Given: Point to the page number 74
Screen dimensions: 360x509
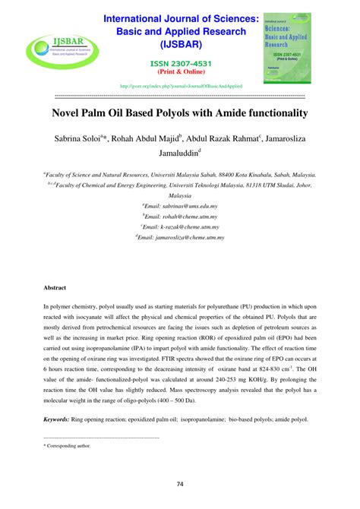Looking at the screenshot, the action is pos(180,485).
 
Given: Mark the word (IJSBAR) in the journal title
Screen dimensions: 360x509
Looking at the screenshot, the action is pos(180,44).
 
